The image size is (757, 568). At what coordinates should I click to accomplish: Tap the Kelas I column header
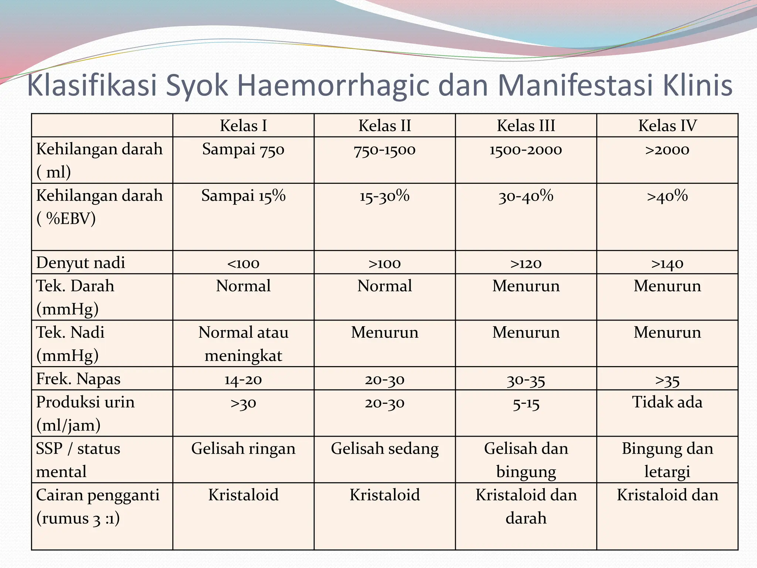pos(243,126)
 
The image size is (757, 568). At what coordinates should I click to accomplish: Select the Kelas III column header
pos(526,126)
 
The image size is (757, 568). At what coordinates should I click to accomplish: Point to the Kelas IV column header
pos(667,126)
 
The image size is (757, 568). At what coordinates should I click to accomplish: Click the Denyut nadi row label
pos(81,263)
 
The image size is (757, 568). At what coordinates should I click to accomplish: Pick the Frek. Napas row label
pos(78,379)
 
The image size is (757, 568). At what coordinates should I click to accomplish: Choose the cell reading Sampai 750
pos(243,149)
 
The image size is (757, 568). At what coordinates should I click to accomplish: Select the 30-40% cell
pos(526,196)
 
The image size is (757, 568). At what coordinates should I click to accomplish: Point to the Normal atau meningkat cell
pos(243,344)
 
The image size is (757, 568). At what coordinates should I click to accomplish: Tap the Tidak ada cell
pos(667,402)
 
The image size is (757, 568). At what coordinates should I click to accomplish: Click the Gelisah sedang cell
pos(384,449)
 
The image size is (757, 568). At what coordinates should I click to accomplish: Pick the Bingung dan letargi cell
pos(667,460)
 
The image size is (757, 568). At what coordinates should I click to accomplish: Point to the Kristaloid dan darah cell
pos(526,506)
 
